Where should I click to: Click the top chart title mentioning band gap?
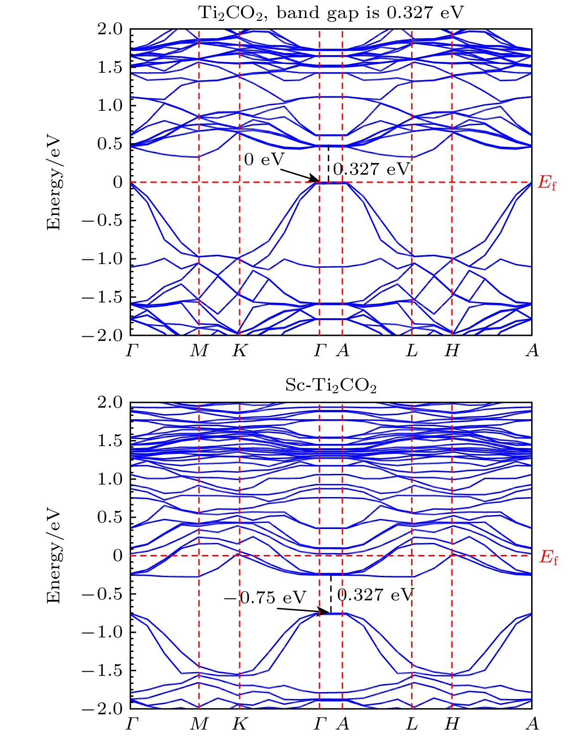pos(331,13)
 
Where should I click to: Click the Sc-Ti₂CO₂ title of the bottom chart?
pos(331,385)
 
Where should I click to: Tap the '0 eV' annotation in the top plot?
pos(264,160)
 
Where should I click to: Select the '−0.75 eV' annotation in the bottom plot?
pos(266,598)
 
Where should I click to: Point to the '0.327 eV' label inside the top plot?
pos(372,170)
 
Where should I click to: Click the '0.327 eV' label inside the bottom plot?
pos(375,595)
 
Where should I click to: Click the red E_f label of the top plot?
pos(547,183)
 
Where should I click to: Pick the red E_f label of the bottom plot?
pos(549,557)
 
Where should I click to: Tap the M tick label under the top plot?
pos(199,351)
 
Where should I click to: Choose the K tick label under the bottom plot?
pos(240,724)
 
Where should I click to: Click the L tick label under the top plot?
pos(412,351)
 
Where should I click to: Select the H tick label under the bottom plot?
pos(452,724)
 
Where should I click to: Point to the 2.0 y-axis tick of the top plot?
pos(110,29)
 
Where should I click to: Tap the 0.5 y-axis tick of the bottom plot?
pos(110,517)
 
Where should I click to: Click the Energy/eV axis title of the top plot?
pos(54,182)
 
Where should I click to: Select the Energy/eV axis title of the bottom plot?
pos(54,555)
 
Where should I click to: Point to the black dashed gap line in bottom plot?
pos(331,593)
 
